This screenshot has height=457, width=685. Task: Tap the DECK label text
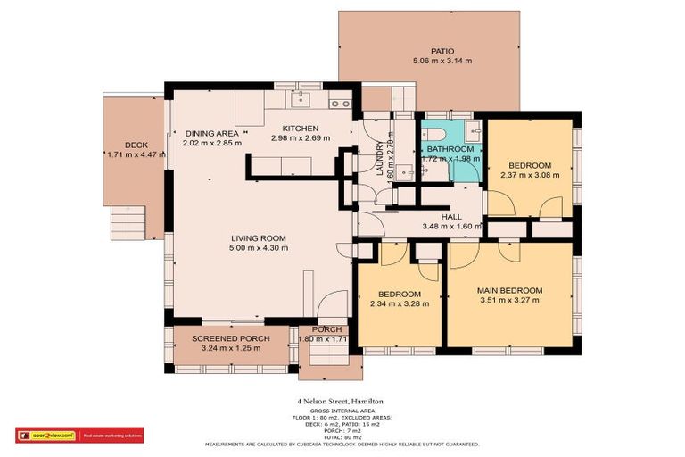pos(136,145)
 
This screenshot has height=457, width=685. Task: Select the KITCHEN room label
pos(301,129)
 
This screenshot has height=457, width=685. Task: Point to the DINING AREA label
pos(212,133)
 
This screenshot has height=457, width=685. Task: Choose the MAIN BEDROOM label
pos(509,291)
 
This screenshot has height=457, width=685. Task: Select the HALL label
pos(451,217)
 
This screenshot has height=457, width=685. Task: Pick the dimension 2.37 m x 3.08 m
pos(530,175)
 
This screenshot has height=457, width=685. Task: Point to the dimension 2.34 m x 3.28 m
pos(399,303)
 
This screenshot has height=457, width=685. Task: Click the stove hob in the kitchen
pos(339,103)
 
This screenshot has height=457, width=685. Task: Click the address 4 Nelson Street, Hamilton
pos(342,402)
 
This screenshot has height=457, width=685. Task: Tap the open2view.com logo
pos(46,436)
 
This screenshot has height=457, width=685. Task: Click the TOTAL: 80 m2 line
pos(342,436)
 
